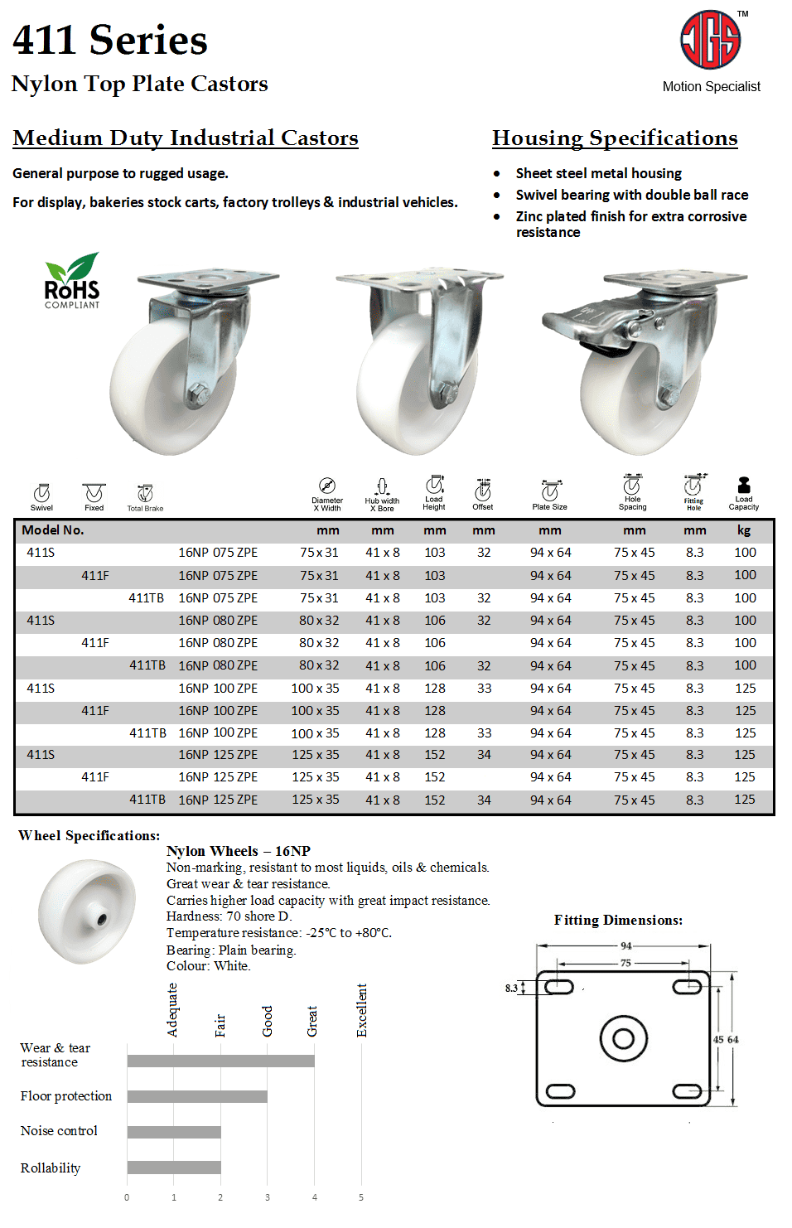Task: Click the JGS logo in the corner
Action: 710,40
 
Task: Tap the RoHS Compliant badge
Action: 72,282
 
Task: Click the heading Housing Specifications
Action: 615,138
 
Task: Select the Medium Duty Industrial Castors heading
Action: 186,138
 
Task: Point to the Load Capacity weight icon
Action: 743,486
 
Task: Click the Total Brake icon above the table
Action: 145,493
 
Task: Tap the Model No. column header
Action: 53,530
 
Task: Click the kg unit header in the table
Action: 744,530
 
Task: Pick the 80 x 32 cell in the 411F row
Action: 319,643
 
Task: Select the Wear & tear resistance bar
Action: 220,1061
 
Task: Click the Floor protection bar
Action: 197,1096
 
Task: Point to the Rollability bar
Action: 174,1168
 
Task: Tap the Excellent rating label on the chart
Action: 362,1010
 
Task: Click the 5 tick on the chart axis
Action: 361,1197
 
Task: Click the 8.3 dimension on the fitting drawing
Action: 511,988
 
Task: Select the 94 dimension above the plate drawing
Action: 626,945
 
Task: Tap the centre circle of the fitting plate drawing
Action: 623,1038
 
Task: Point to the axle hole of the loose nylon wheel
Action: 102,919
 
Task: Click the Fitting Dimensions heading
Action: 618,921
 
